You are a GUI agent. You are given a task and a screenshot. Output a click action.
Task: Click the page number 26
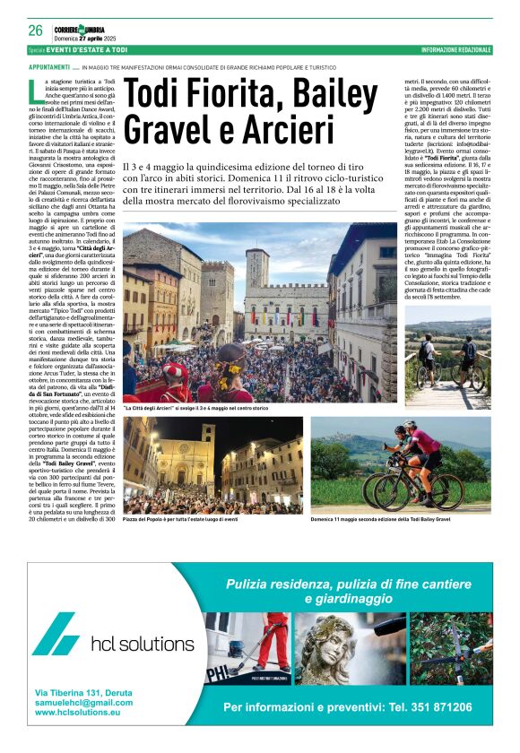(x=36, y=30)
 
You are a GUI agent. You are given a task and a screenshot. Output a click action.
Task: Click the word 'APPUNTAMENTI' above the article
(x=49, y=67)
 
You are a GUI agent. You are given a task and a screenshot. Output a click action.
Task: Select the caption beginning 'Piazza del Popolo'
(x=180, y=519)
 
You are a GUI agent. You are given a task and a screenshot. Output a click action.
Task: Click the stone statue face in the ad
(x=334, y=647)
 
